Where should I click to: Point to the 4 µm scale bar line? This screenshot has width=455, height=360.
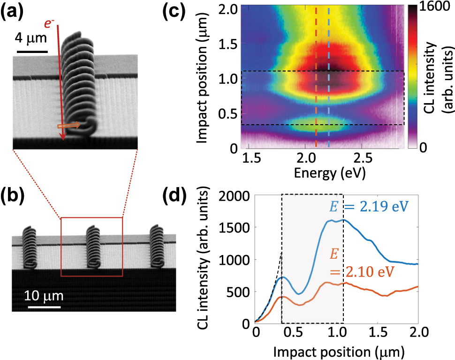(x=32, y=51)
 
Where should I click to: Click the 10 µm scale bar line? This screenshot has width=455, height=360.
(x=44, y=307)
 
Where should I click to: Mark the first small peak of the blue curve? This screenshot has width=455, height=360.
(x=281, y=277)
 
